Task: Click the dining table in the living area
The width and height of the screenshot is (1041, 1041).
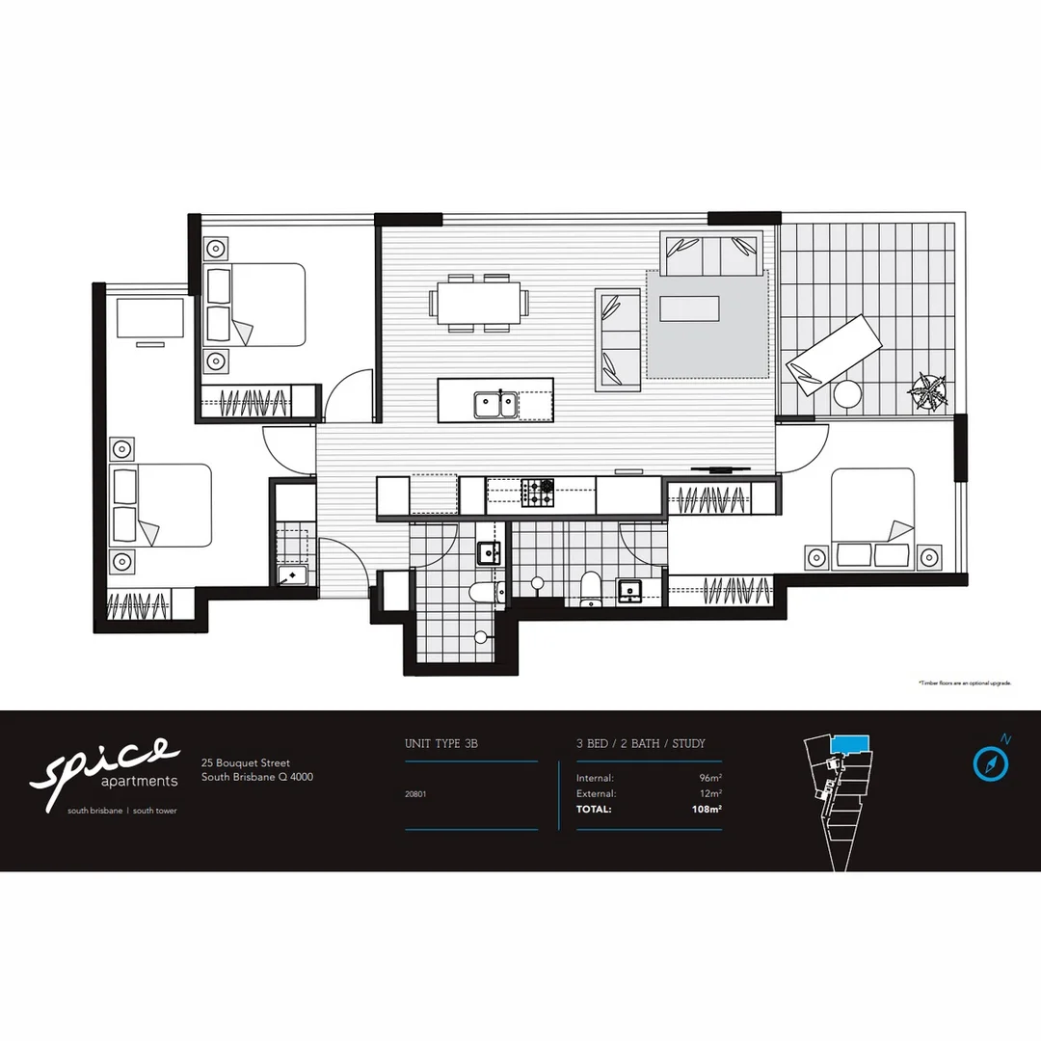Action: click(x=479, y=303)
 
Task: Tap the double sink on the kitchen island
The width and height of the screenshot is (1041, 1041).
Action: click(x=495, y=404)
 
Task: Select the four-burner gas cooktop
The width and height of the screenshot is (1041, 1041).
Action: click(x=539, y=493)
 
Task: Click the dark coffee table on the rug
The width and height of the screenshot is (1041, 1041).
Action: click(x=688, y=308)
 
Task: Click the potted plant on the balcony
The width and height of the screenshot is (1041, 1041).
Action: click(x=929, y=391)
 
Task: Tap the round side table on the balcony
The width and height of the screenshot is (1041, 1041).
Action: click(x=847, y=394)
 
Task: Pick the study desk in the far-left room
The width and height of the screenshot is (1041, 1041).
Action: click(x=149, y=317)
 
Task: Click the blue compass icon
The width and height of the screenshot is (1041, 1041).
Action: click(x=990, y=763)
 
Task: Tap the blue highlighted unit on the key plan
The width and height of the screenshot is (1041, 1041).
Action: click(x=849, y=742)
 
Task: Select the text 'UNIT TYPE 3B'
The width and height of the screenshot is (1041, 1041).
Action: click(x=441, y=744)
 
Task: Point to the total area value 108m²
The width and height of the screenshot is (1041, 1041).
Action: click(x=707, y=810)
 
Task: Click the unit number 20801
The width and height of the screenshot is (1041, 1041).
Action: click(x=417, y=794)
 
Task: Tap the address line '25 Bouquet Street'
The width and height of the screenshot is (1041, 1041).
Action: click(x=246, y=762)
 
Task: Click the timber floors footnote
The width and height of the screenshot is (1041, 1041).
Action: click(x=964, y=682)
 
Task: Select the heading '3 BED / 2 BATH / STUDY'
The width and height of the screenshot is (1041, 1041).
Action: click(x=641, y=744)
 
